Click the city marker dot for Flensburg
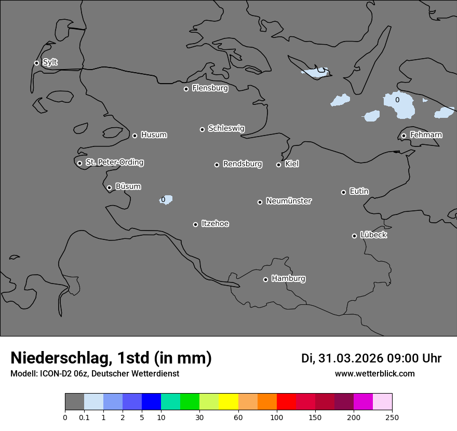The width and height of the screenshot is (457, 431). pos(186,89)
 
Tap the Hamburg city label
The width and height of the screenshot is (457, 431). pos(288,278)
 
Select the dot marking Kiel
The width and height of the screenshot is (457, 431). pos(278,165)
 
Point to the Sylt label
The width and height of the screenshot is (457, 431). pos(50,62)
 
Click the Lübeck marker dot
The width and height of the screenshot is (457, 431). pos(354,236)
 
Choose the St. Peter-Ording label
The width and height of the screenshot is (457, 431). pos(114,162)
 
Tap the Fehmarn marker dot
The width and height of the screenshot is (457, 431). pos(404,136)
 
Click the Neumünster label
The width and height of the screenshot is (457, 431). pos(289,200)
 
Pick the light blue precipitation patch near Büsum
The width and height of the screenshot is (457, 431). pos(167,199)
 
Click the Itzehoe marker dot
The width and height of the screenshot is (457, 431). pos(195,224)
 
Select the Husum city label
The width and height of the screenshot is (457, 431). pos(154,135)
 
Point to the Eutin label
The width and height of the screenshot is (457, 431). pos(359,191)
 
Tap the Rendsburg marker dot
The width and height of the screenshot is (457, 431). pos(217,165)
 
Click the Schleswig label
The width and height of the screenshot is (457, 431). pos(226,128)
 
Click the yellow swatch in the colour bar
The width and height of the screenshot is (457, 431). pos(228,402)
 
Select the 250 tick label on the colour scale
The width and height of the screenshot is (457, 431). pos(392,417)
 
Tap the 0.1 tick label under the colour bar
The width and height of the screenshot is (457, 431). pos(84,417)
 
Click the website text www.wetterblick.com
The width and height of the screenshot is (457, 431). pos(374,373)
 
